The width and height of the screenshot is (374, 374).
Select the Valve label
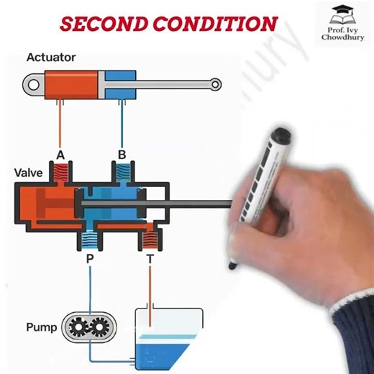(x=28, y=173)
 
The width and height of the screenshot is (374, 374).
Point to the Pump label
(x=41, y=327)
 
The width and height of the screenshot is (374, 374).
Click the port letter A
(x=60, y=155)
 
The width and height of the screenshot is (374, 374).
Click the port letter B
(x=122, y=155)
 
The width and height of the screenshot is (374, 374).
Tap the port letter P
(x=89, y=257)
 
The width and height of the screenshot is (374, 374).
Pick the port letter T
(x=150, y=257)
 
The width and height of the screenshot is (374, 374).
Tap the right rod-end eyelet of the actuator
(x=216, y=85)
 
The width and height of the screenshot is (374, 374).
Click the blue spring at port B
(x=123, y=172)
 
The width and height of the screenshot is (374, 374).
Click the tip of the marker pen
(x=232, y=266)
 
